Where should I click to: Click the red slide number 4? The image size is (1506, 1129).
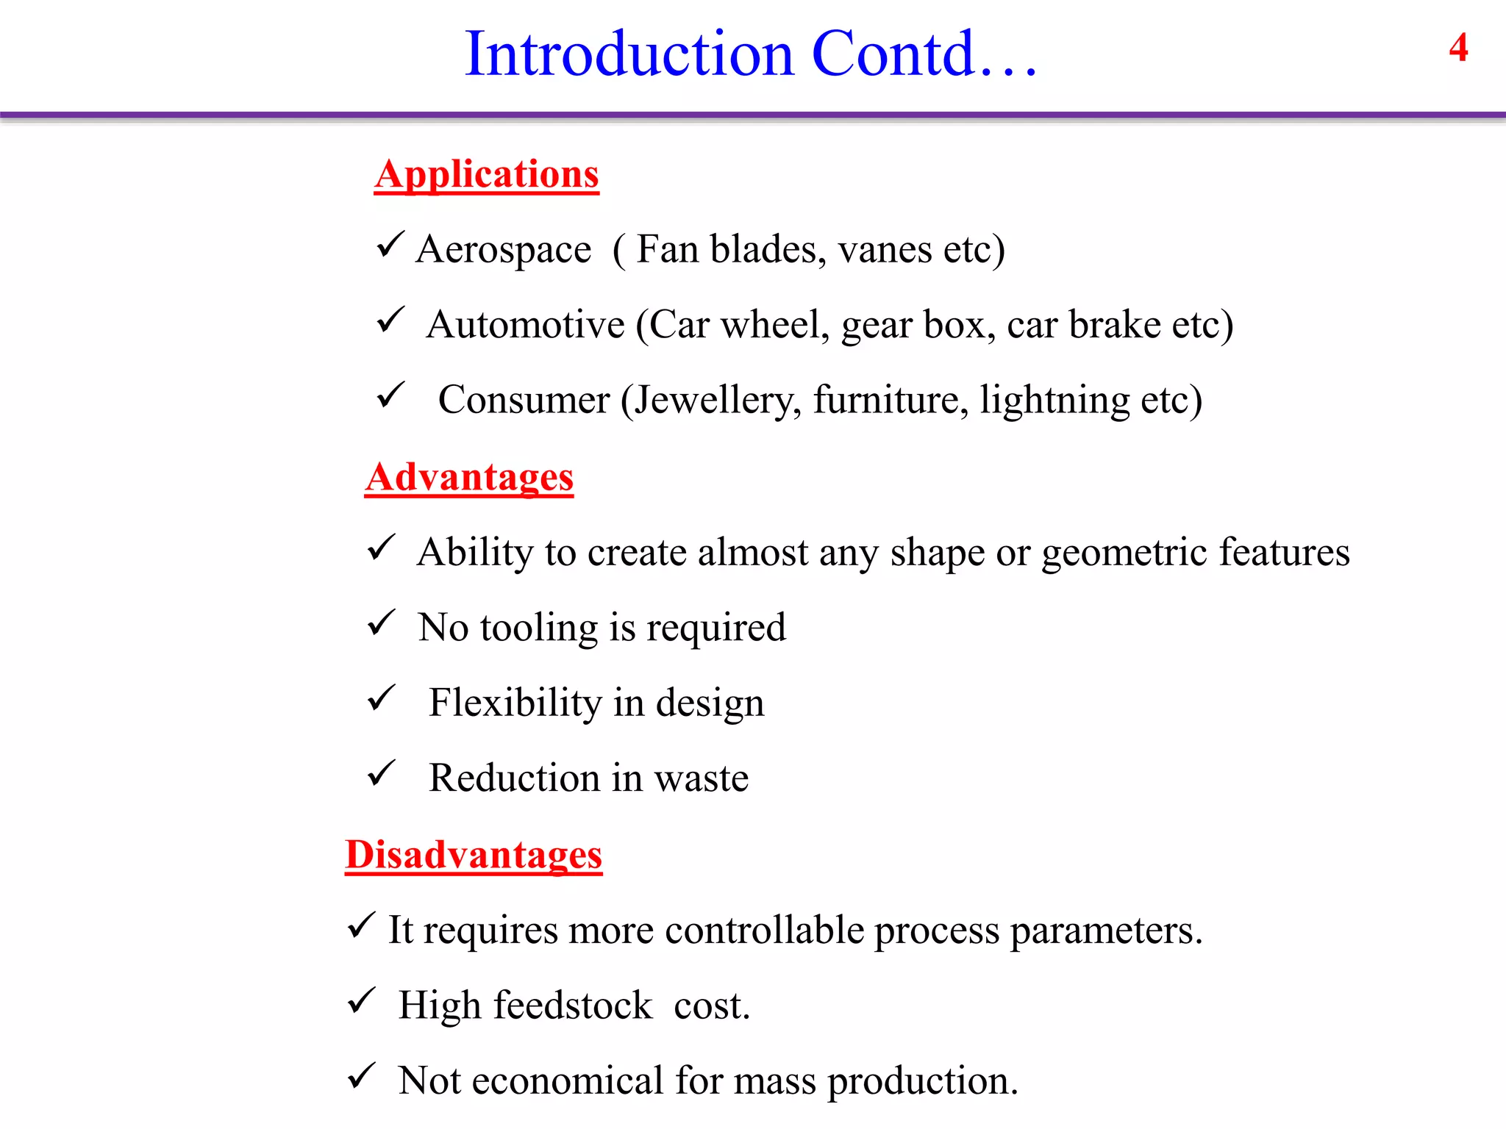point(1458,48)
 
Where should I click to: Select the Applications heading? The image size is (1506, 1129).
point(486,175)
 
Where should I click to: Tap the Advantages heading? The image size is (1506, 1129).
point(469,478)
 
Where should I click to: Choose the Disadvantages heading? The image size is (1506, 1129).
point(474,856)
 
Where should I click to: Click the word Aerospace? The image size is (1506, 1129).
point(504,250)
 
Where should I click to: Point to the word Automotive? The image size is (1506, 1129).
point(525,325)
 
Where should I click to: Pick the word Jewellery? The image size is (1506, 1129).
point(718,401)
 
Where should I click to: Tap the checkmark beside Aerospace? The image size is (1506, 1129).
point(390,245)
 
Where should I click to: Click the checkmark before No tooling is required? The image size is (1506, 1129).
point(381,623)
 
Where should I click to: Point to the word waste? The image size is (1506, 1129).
point(702,778)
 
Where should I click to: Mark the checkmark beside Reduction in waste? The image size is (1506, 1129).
point(381,773)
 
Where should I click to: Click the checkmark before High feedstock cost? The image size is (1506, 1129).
point(361,1000)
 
